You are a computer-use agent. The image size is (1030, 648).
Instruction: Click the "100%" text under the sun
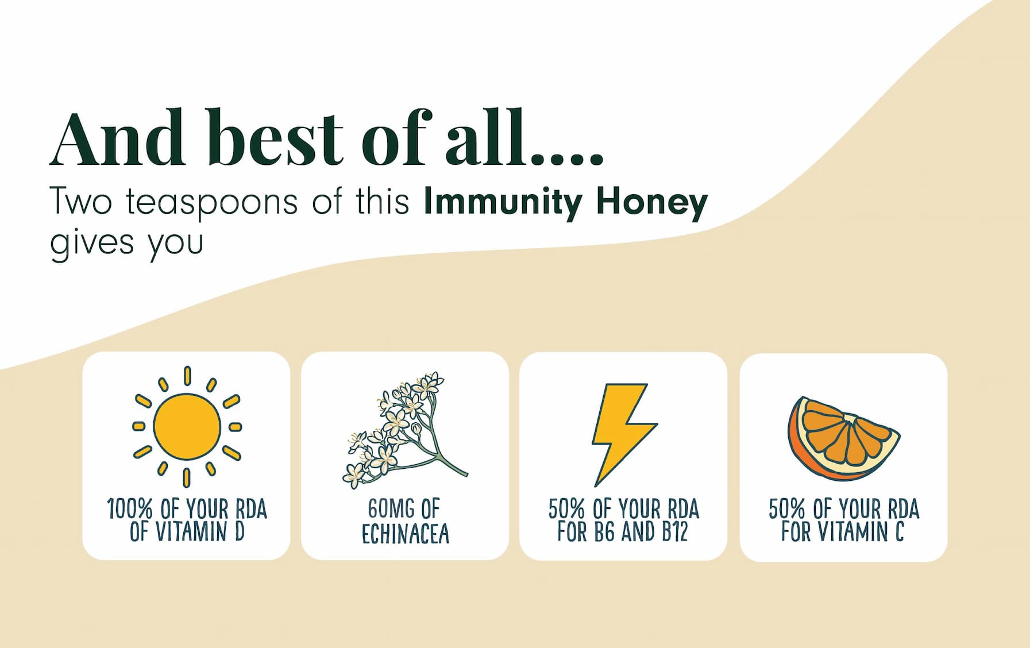point(130,509)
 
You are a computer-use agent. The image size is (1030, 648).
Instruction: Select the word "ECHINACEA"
point(405,533)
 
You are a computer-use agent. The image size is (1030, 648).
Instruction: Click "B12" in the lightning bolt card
point(674,531)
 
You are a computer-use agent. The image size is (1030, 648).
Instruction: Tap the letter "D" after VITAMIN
point(239,531)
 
